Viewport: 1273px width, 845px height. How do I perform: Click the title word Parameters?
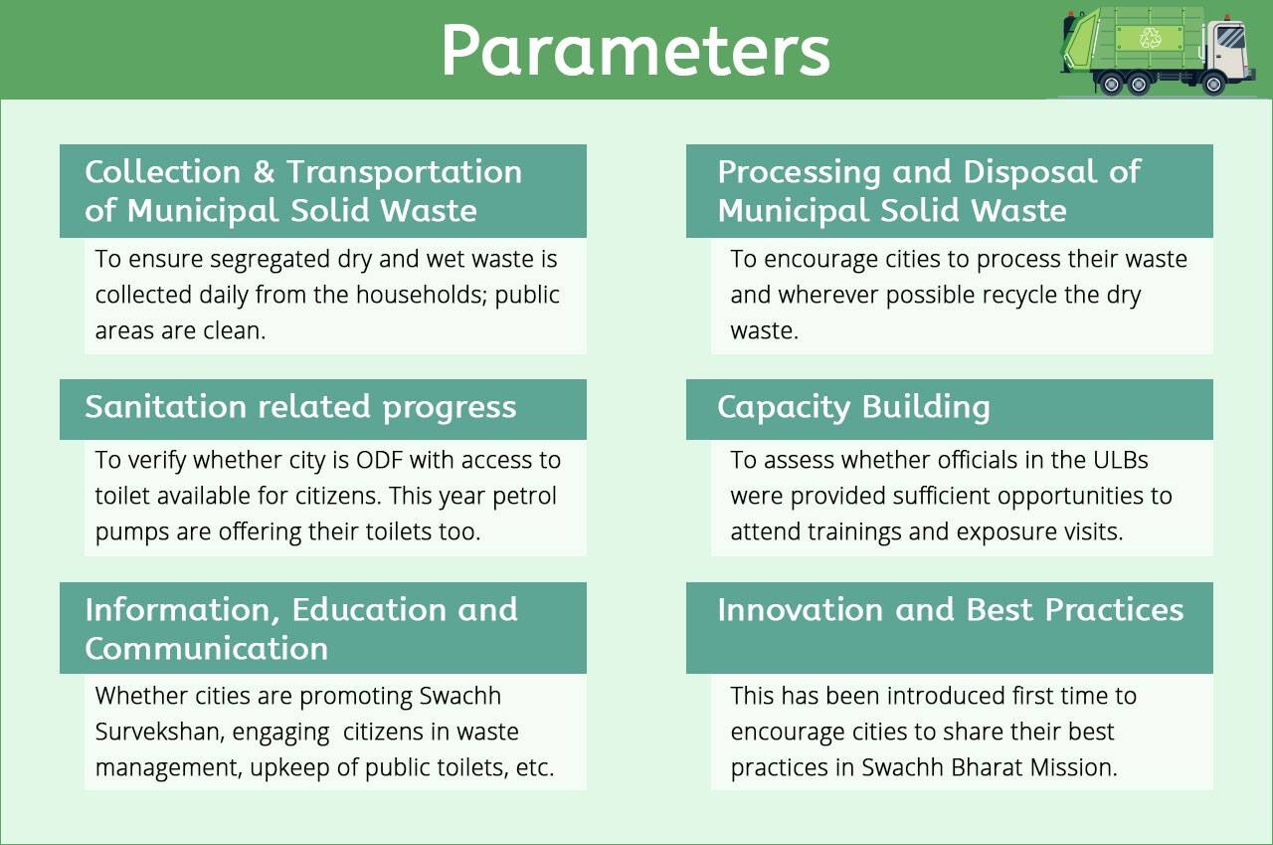(x=636, y=50)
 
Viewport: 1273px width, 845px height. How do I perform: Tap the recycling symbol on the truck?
(x=1150, y=38)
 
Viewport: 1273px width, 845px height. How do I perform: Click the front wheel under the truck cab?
(x=1213, y=85)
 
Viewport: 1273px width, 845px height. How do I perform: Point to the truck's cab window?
(x=1229, y=38)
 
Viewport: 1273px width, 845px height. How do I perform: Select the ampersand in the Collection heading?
(x=264, y=171)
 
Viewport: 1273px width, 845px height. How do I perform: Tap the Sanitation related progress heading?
(x=300, y=407)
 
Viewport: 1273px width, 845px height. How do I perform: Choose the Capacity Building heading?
(x=853, y=407)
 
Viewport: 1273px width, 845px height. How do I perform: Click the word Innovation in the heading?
(x=801, y=610)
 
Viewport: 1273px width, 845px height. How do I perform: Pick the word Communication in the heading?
(x=207, y=648)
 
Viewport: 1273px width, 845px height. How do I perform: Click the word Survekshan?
(x=158, y=732)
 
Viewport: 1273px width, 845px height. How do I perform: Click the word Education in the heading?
(x=369, y=610)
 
